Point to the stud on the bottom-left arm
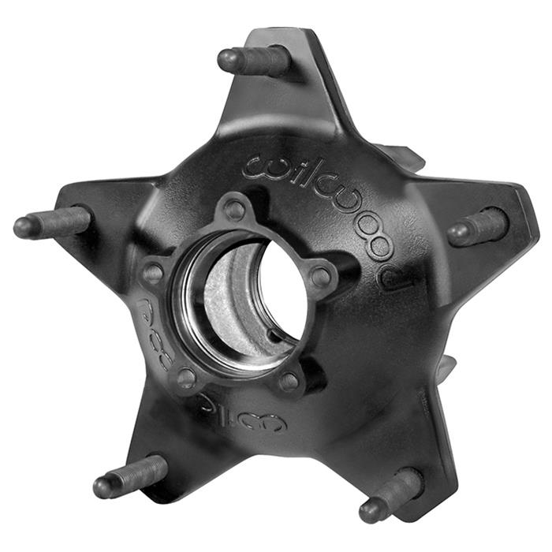[x=130, y=476]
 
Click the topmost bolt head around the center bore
[x=234, y=210]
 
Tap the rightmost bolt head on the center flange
[x=320, y=277]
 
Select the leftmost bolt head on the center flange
[x=153, y=274]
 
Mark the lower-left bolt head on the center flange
[x=186, y=378]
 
